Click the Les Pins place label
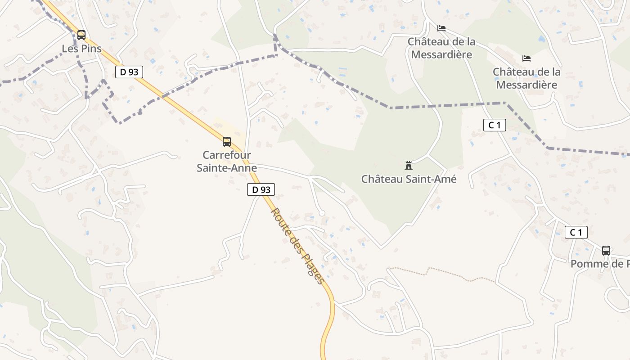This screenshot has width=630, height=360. (x=82, y=49)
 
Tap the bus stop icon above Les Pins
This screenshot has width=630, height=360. (x=81, y=35)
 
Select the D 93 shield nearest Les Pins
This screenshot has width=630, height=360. (x=129, y=72)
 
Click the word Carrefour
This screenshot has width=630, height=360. (x=227, y=155)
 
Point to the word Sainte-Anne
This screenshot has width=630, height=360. (x=227, y=168)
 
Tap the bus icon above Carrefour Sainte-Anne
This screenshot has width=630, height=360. (x=227, y=142)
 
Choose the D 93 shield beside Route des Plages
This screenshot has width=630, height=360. (x=261, y=189)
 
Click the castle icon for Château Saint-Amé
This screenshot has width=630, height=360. (x=409, y=166)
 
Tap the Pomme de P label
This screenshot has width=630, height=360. (x=600, y=264)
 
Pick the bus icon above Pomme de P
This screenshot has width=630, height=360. (x=606, y=251)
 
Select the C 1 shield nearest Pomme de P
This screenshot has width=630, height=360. (x=576, y=232)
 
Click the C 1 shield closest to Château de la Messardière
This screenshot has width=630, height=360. (x=495, y=125)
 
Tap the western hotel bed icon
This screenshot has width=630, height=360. (x=441, y=28)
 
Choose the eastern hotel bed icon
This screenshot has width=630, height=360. (x=526, y=58)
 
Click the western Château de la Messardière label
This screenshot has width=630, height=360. (x=441, y=48)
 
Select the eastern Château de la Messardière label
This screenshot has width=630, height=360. (x=526, y=78)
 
